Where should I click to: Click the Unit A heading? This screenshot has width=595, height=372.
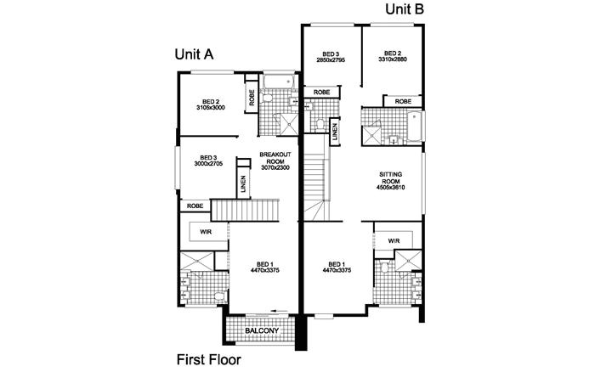click(193, 53)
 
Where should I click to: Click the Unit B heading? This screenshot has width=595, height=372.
click(405, 9)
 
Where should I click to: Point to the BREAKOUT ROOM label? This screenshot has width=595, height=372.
click(276, 158)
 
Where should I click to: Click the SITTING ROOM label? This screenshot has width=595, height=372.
click(390, 178)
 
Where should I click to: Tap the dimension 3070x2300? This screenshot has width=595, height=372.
click(276, 169)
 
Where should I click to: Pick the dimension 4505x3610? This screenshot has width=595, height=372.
click(390, 188)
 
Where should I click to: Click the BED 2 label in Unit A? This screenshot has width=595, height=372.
click(209, 101)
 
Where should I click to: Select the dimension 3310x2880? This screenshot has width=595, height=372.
click(392, 59)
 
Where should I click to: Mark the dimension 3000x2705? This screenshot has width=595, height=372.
click(208, 164)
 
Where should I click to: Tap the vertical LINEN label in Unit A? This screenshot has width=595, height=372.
click(243, 184)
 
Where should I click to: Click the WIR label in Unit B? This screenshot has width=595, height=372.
click(394, 241)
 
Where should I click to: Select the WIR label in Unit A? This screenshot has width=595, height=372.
click(206, 231)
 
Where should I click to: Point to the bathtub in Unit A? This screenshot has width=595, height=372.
click(279, 83)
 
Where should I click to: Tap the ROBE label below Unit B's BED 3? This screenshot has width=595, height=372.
click(322, 92)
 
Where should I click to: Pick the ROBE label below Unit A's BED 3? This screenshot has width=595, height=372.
click(195, 206)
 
